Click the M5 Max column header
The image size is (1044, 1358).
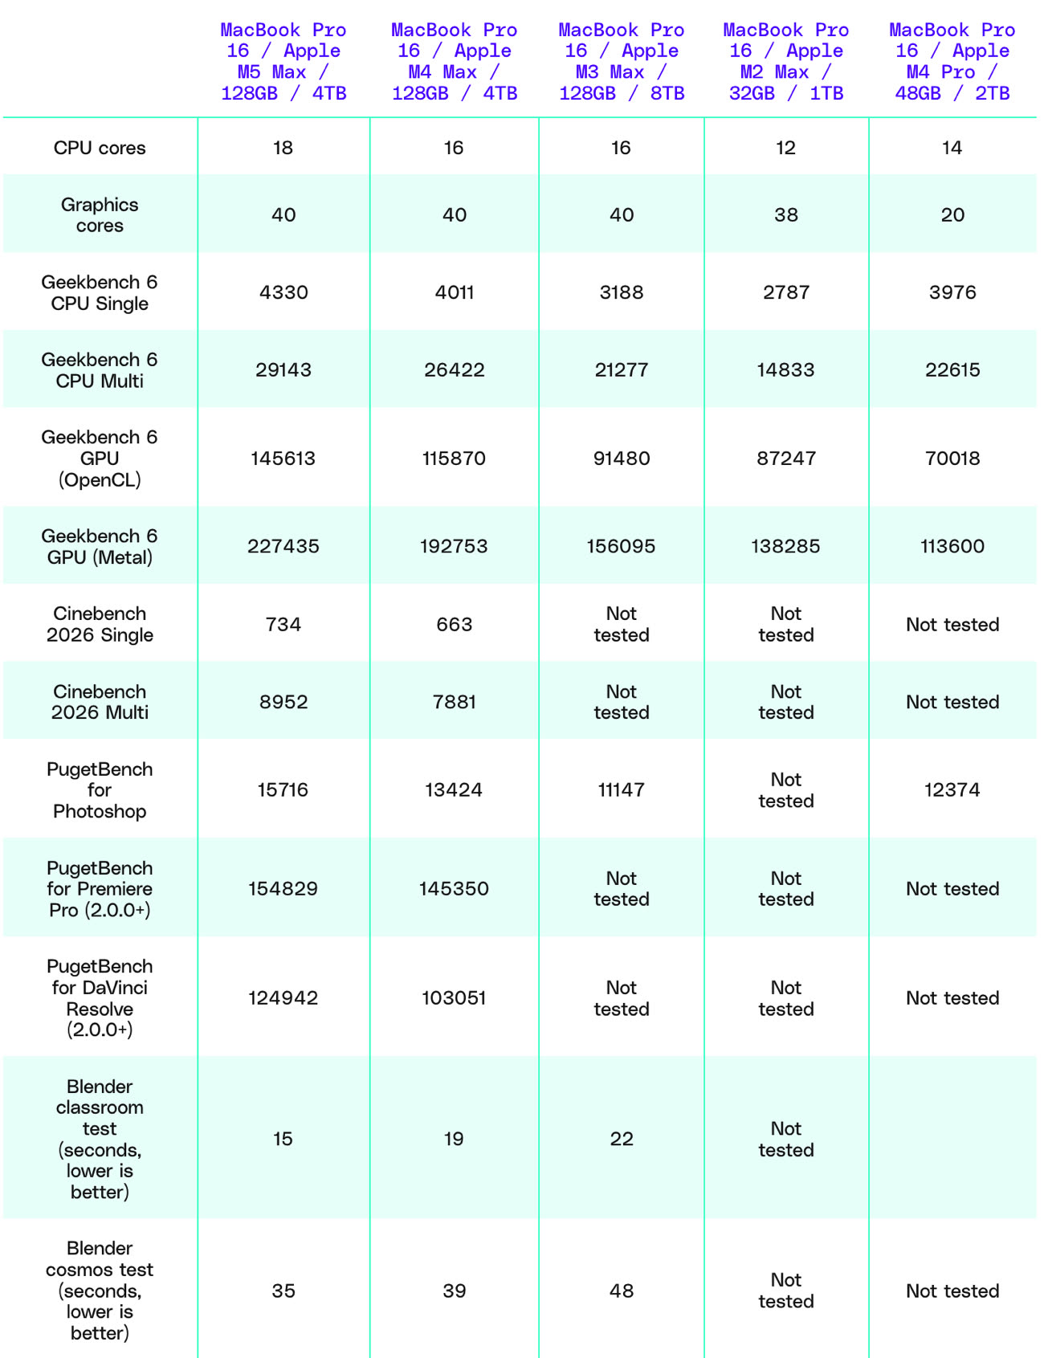[x=283, y=62]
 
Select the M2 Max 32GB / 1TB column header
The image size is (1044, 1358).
[x=785, y=62]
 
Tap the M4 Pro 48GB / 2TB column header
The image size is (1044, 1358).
[x=952, y=62]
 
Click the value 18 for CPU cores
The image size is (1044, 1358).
[x=283, y=148]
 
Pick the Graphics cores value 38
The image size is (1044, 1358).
[x=785, y=215]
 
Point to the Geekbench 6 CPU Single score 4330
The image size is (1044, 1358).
[x=283, y=292]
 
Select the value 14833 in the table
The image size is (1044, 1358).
[x=785, y=370]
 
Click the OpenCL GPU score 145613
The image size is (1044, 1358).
[x=283, y=459]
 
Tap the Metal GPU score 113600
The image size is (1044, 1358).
[x=952, y=546]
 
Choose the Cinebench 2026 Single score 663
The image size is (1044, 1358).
[x=454, y=625]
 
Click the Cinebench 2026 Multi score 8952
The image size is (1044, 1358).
[x=283, y=702]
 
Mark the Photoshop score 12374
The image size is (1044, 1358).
[x=952, y=790]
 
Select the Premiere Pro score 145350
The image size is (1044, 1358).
[x=454, y=889]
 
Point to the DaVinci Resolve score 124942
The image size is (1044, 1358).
[x=283, y=998]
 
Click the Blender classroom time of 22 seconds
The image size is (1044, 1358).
[x=622, y=1139]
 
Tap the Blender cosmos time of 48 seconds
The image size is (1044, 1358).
[x=622, y=1291]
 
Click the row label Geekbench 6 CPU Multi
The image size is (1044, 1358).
[x=100, y=370]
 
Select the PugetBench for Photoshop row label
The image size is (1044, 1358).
[x=100, y=790]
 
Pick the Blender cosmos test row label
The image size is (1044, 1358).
[x=100, y=1291]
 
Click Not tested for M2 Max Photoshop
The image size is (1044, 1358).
[x=785, y=790]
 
